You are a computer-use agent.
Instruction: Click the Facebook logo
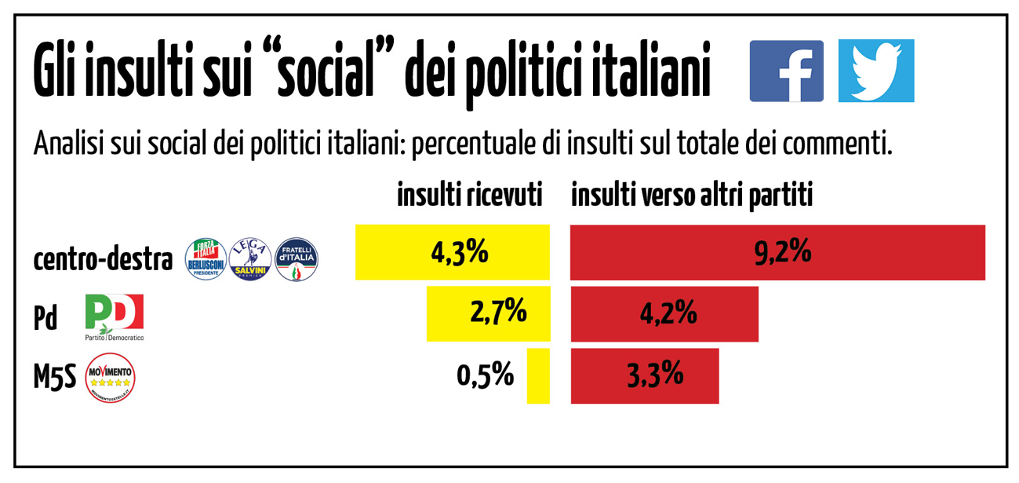click(786, 71)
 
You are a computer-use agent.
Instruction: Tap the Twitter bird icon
click(875, 71)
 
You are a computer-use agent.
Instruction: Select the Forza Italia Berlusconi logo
click(206, 260)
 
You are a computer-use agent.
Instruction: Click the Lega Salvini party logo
click(250, 260)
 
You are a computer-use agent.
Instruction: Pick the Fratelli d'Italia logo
click(297, 260)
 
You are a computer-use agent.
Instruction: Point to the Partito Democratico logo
click(115, 317)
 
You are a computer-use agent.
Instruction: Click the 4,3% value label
click(460, 253)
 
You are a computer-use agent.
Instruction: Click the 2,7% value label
click(497, 313)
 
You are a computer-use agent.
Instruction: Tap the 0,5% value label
click(485, 375)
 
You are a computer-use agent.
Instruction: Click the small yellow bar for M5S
click(538, 376)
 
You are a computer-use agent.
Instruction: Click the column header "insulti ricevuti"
click(470, 196)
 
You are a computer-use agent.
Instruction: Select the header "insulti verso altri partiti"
click(691, 196)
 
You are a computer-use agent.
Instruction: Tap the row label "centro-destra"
click(103, 261)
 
